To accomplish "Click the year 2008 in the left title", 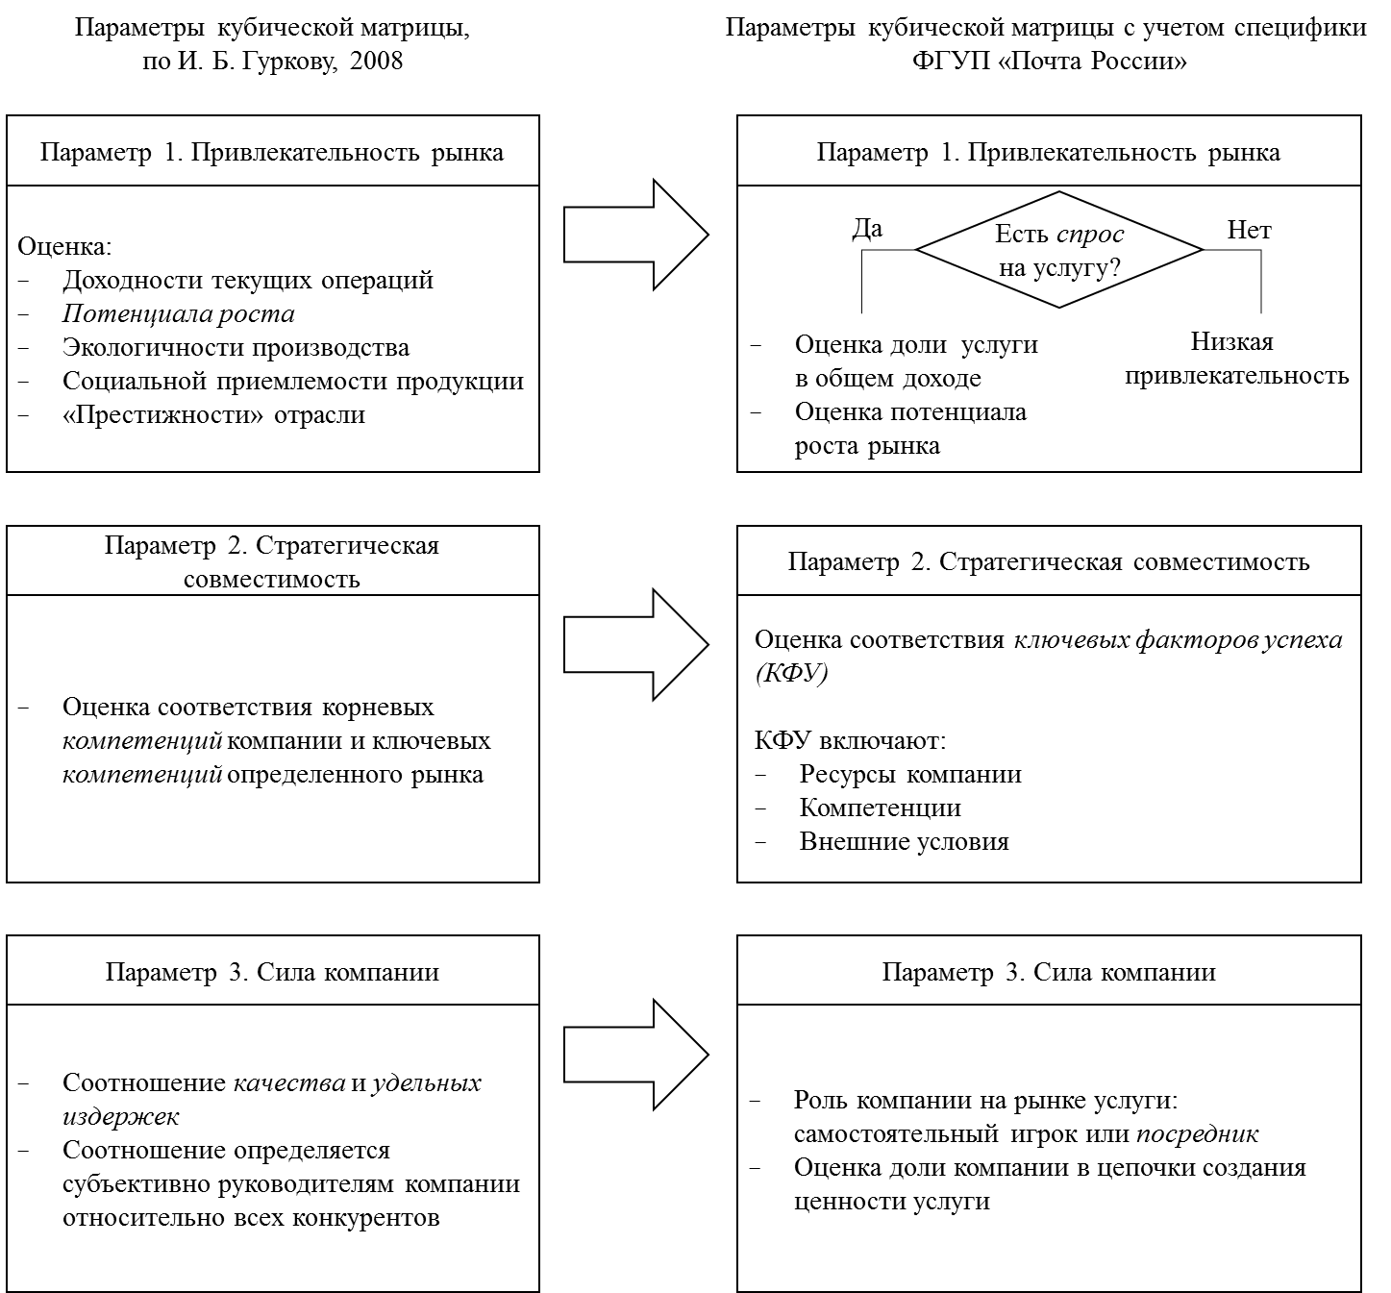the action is click(376, 61).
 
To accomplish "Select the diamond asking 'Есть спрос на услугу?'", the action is click(1059, 249).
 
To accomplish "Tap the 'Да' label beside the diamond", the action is click(867, 229).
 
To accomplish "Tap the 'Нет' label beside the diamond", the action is click(1249, 230).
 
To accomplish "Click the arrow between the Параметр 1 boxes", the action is click(636, 235).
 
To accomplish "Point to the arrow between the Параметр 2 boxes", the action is click(636, 644).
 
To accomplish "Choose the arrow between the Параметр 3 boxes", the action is click(636, 1055).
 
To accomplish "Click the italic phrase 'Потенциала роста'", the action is click(179, 313).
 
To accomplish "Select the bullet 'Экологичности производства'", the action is click(236, 347).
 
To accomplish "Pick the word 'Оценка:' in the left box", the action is click(64, 246).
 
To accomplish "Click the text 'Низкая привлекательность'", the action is click(1237, 359).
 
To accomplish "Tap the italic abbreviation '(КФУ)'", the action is click(791, 672).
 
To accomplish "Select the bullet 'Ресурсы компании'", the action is click(910, 774).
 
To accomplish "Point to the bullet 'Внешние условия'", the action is click(905, 841).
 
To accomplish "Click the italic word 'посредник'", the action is click(1198, 1134).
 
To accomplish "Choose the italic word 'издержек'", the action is click(120, 1116).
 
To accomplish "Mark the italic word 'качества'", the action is click(289, 1082).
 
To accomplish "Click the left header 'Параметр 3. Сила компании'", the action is click(272, 972).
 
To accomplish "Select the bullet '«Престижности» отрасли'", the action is click(213, 414).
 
